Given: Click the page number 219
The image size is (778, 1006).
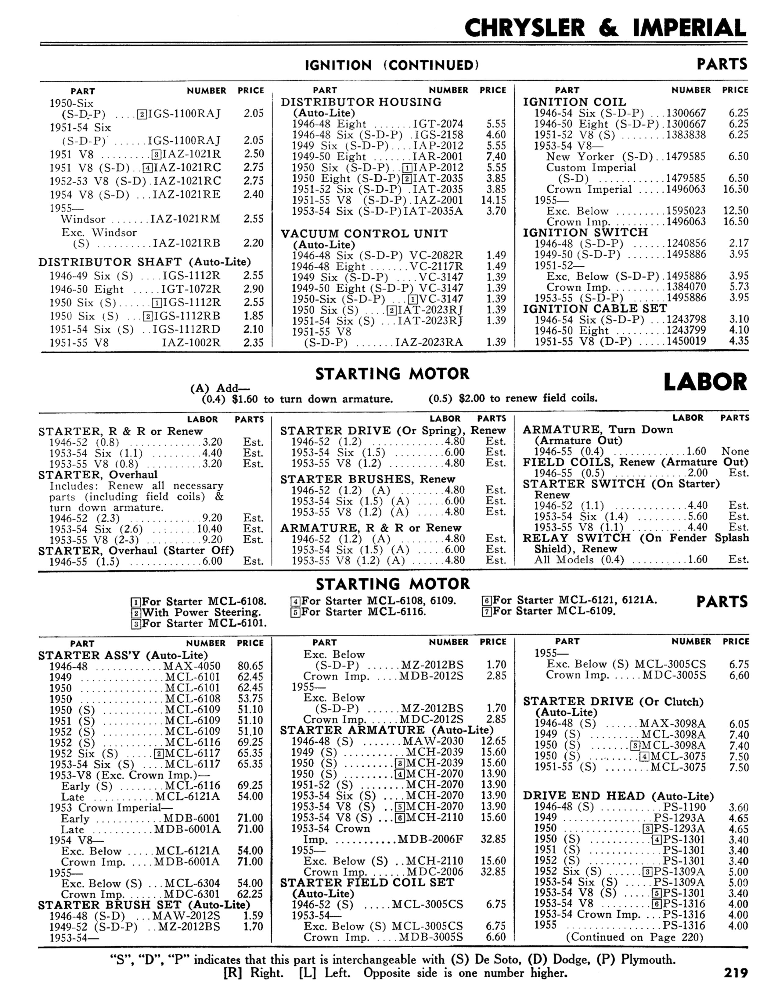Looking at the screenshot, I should [735, 972].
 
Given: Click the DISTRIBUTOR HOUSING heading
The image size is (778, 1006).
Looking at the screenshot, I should [361, 102].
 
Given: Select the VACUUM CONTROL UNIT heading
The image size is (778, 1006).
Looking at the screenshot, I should [364, 234].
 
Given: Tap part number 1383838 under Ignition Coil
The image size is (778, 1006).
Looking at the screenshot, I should [686, 134].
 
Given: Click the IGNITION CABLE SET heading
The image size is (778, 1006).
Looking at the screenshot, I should [595, 309].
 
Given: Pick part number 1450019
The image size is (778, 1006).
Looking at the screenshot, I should [686, 341].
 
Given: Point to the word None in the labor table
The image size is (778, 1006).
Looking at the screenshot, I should [735, 451].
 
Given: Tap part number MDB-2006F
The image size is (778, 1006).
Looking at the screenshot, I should [430, 839].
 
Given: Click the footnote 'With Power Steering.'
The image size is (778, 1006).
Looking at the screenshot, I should [201, 613].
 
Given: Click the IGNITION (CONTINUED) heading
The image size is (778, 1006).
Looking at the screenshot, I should [392, 66].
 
